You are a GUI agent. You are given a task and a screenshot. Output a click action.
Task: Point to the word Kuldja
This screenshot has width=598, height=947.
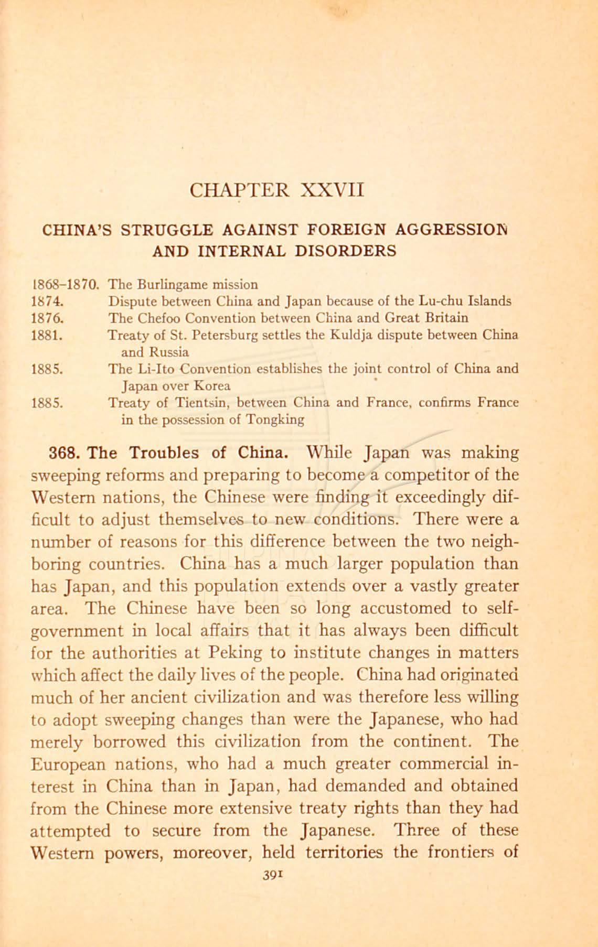click(361, 335)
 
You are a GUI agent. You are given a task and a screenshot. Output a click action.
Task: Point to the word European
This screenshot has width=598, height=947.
click(70, 764)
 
